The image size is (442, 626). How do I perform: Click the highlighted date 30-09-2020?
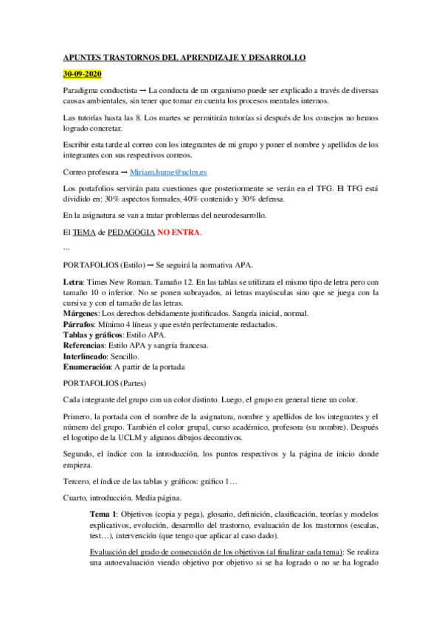pos(82,75)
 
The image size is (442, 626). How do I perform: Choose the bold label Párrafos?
pos(79,324)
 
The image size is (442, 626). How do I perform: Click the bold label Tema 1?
pos(103,512)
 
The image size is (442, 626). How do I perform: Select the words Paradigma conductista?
pos(100,90)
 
